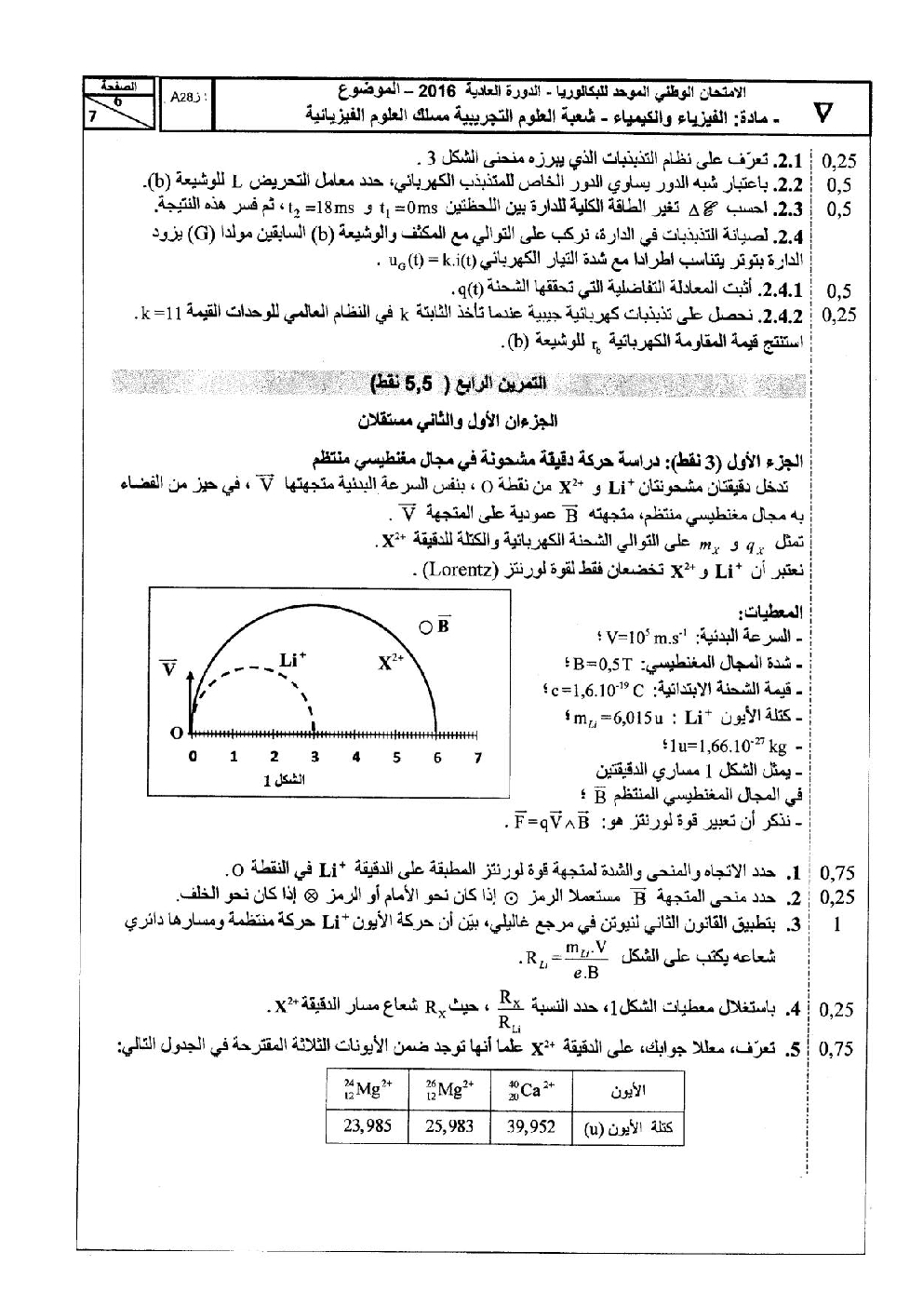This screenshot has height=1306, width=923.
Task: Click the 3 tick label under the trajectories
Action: point(315,758)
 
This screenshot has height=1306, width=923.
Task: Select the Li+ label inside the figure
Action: point(293,661)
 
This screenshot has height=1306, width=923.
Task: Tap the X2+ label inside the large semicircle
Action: point(393,663)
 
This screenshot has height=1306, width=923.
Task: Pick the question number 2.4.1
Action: point(783,289)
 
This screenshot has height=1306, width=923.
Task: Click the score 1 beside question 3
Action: point(837,925)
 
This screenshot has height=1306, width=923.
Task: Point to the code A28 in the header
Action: point(182,96)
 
